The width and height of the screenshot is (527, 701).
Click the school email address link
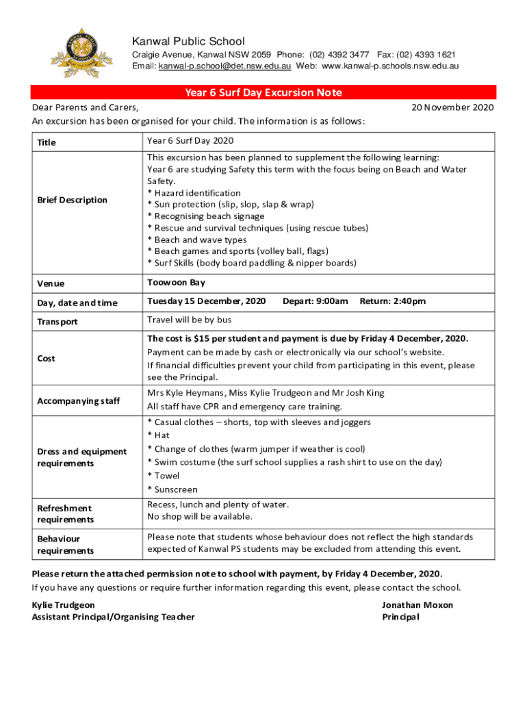click(225, 66)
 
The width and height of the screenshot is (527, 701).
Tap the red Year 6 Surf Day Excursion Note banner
click(263, 92)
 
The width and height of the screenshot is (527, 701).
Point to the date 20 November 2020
click(452, 107)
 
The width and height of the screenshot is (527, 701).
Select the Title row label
click(47, 142)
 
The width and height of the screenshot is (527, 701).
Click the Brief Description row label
click(73, 200)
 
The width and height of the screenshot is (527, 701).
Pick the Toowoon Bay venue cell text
click(176, 282)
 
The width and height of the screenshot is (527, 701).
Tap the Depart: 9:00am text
click(315, 301)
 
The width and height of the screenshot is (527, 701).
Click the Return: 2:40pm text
click(393, 301)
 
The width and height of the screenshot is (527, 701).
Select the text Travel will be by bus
click(189, 320)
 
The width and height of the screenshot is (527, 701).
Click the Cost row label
click(47, 358)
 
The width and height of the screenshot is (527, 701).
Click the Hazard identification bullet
click(194, 193)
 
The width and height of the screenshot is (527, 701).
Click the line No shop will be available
click(200, 516)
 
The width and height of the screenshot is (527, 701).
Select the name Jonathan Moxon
click(417, 605)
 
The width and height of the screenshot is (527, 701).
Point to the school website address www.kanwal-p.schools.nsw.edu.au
click(390, 66)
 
